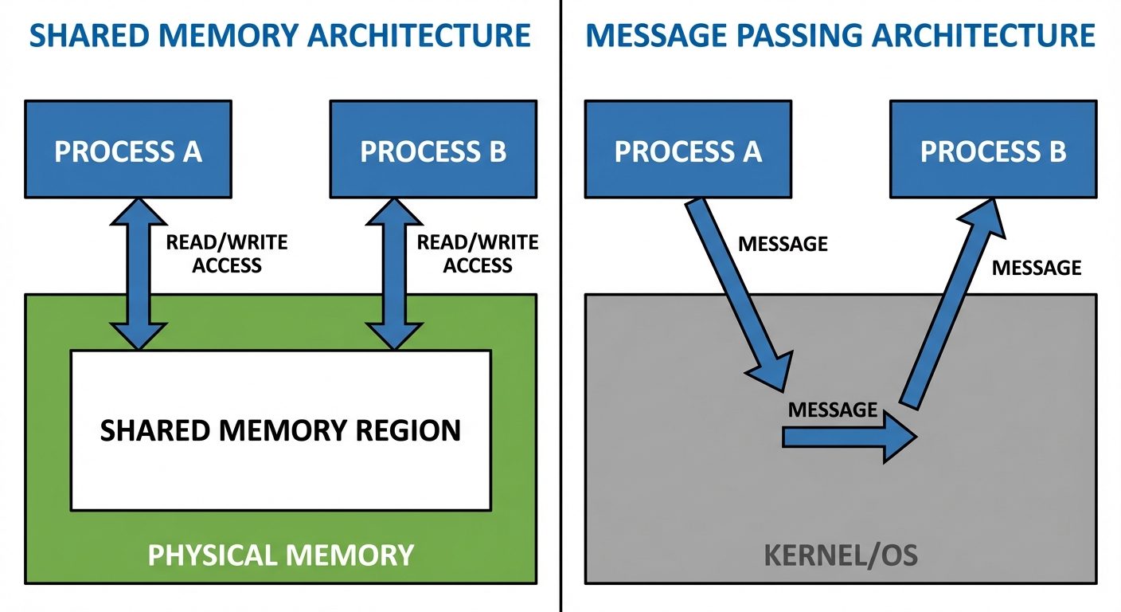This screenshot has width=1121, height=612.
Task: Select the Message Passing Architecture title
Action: [840, 36]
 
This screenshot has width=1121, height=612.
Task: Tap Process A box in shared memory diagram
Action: [128, 151]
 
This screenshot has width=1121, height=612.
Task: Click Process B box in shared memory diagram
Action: [433, 151]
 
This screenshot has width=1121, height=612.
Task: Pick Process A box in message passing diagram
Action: [688, 151]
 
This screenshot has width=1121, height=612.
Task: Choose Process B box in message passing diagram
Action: [993, 151]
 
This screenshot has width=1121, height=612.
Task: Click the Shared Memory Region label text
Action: [280, 430]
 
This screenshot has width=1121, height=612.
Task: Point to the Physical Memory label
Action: [280, 555]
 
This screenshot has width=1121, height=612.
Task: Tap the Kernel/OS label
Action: [841, 555]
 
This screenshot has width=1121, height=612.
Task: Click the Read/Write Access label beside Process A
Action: [227, 253]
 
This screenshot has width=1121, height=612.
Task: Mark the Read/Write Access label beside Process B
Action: [478, 253]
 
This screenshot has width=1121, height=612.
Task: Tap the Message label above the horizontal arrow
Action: [832, 410]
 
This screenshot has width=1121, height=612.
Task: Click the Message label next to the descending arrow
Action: [783, 244]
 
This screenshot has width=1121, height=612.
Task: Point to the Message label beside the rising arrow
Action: [1037, 268]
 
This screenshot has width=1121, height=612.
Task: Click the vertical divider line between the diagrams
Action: [561, 319]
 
